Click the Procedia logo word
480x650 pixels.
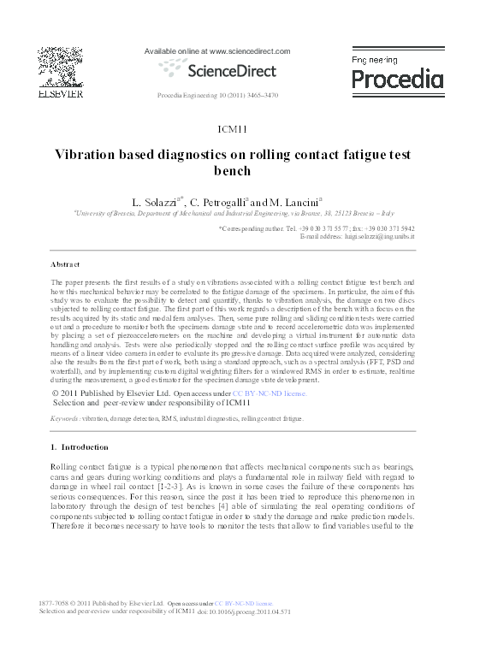(x=398, y=80)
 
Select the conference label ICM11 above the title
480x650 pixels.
(x=232, y=129)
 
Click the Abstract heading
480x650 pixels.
(x=65, y=264)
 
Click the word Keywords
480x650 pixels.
(x=65, y=419)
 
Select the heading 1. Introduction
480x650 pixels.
(x=80, y=446)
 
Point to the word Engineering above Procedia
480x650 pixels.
(x=376, y=60)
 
